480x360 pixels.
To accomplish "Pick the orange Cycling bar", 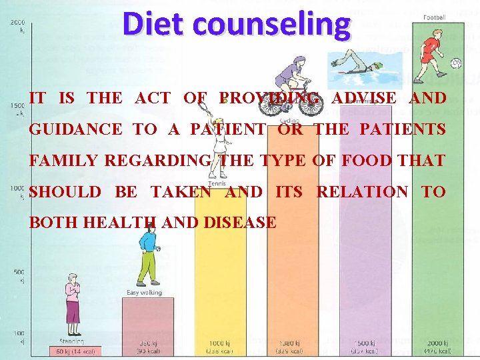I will [x=293, y=287].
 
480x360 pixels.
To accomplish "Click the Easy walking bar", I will [x=147, y=320].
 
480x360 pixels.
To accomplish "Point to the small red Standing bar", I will [x=75, y=351].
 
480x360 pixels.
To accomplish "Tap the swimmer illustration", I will [x=356, y=67].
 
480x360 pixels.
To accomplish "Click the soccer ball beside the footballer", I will [x=456, y=63].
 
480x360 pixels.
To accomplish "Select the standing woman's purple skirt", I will [x=72, y=311].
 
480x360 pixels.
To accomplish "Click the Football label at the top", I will [x=435, y=17].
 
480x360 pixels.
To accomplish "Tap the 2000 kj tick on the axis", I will [x=17, y=26].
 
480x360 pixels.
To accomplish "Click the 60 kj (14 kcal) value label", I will [x=75, y=351].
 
